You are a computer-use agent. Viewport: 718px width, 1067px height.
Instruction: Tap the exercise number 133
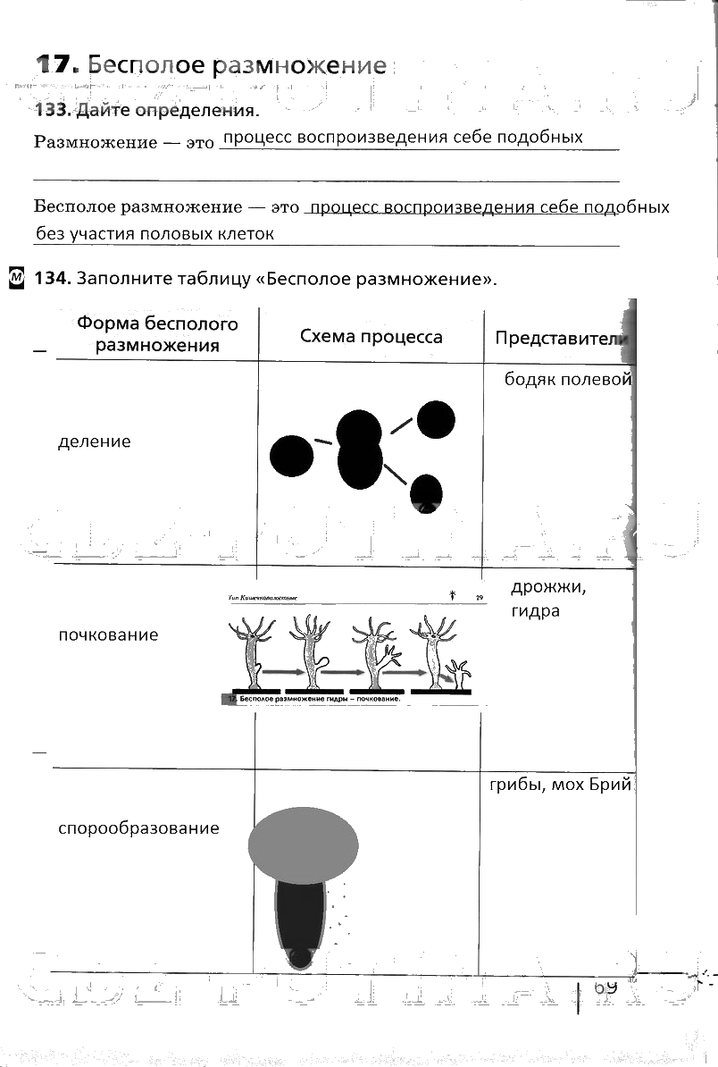pos(52,111)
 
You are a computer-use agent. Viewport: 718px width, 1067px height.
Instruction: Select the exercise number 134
pos(52,278)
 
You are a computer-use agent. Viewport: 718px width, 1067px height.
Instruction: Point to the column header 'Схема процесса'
pos(371,336)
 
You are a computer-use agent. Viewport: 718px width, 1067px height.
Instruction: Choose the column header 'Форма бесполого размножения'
pos(157,334)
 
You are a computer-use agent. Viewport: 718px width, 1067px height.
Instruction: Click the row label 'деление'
pos(94,441)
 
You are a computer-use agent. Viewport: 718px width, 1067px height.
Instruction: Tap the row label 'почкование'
pos(108,634)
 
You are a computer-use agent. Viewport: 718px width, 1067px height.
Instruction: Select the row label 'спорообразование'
pos(138,828)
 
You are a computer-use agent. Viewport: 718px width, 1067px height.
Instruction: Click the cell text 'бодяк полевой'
pos(568,379)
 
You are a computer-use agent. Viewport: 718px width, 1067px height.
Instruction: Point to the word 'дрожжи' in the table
pos(547,587)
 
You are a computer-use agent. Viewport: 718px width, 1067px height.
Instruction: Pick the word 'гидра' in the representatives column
pos(535,611)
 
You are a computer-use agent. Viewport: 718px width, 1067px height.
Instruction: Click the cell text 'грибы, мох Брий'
pos(560,786)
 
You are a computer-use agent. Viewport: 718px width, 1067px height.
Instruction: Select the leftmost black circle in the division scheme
pos(291,456)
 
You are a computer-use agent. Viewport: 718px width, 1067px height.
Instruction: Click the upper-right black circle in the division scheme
pos(436,419)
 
